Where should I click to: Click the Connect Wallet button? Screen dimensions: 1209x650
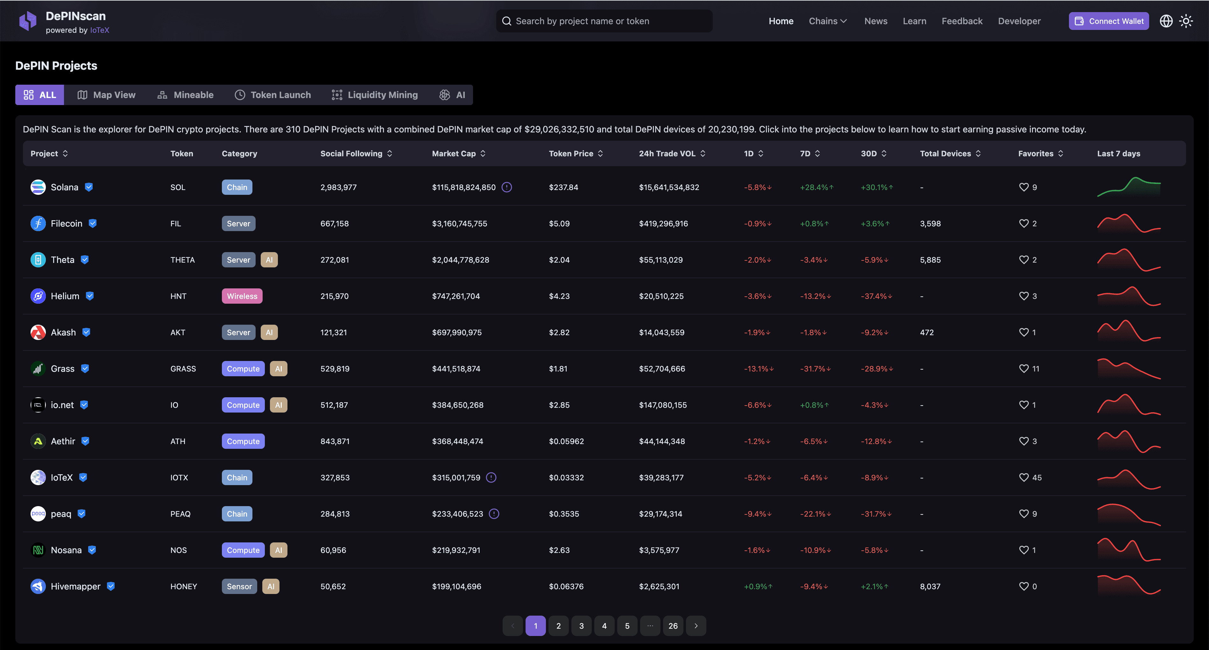point(1108,21)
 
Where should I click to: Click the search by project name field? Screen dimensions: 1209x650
point(604,21)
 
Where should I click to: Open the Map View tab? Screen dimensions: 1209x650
point(107,95)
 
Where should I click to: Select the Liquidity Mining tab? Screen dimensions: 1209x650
point(375,95)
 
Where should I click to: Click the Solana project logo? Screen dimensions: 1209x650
point(38,187)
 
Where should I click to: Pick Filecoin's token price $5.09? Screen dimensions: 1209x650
point(559,223)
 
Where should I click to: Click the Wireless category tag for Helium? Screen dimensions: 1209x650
point(242,296)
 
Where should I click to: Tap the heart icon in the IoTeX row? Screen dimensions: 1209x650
point(1024,477)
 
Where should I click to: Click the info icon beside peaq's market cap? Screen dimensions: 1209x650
point(494,514)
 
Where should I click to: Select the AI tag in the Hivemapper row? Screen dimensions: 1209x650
point(271,586)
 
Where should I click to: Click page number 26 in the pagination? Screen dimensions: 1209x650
point(673,625)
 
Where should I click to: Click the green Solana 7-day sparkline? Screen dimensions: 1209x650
point(1129,187)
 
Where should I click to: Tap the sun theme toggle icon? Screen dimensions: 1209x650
point(1186,21)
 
